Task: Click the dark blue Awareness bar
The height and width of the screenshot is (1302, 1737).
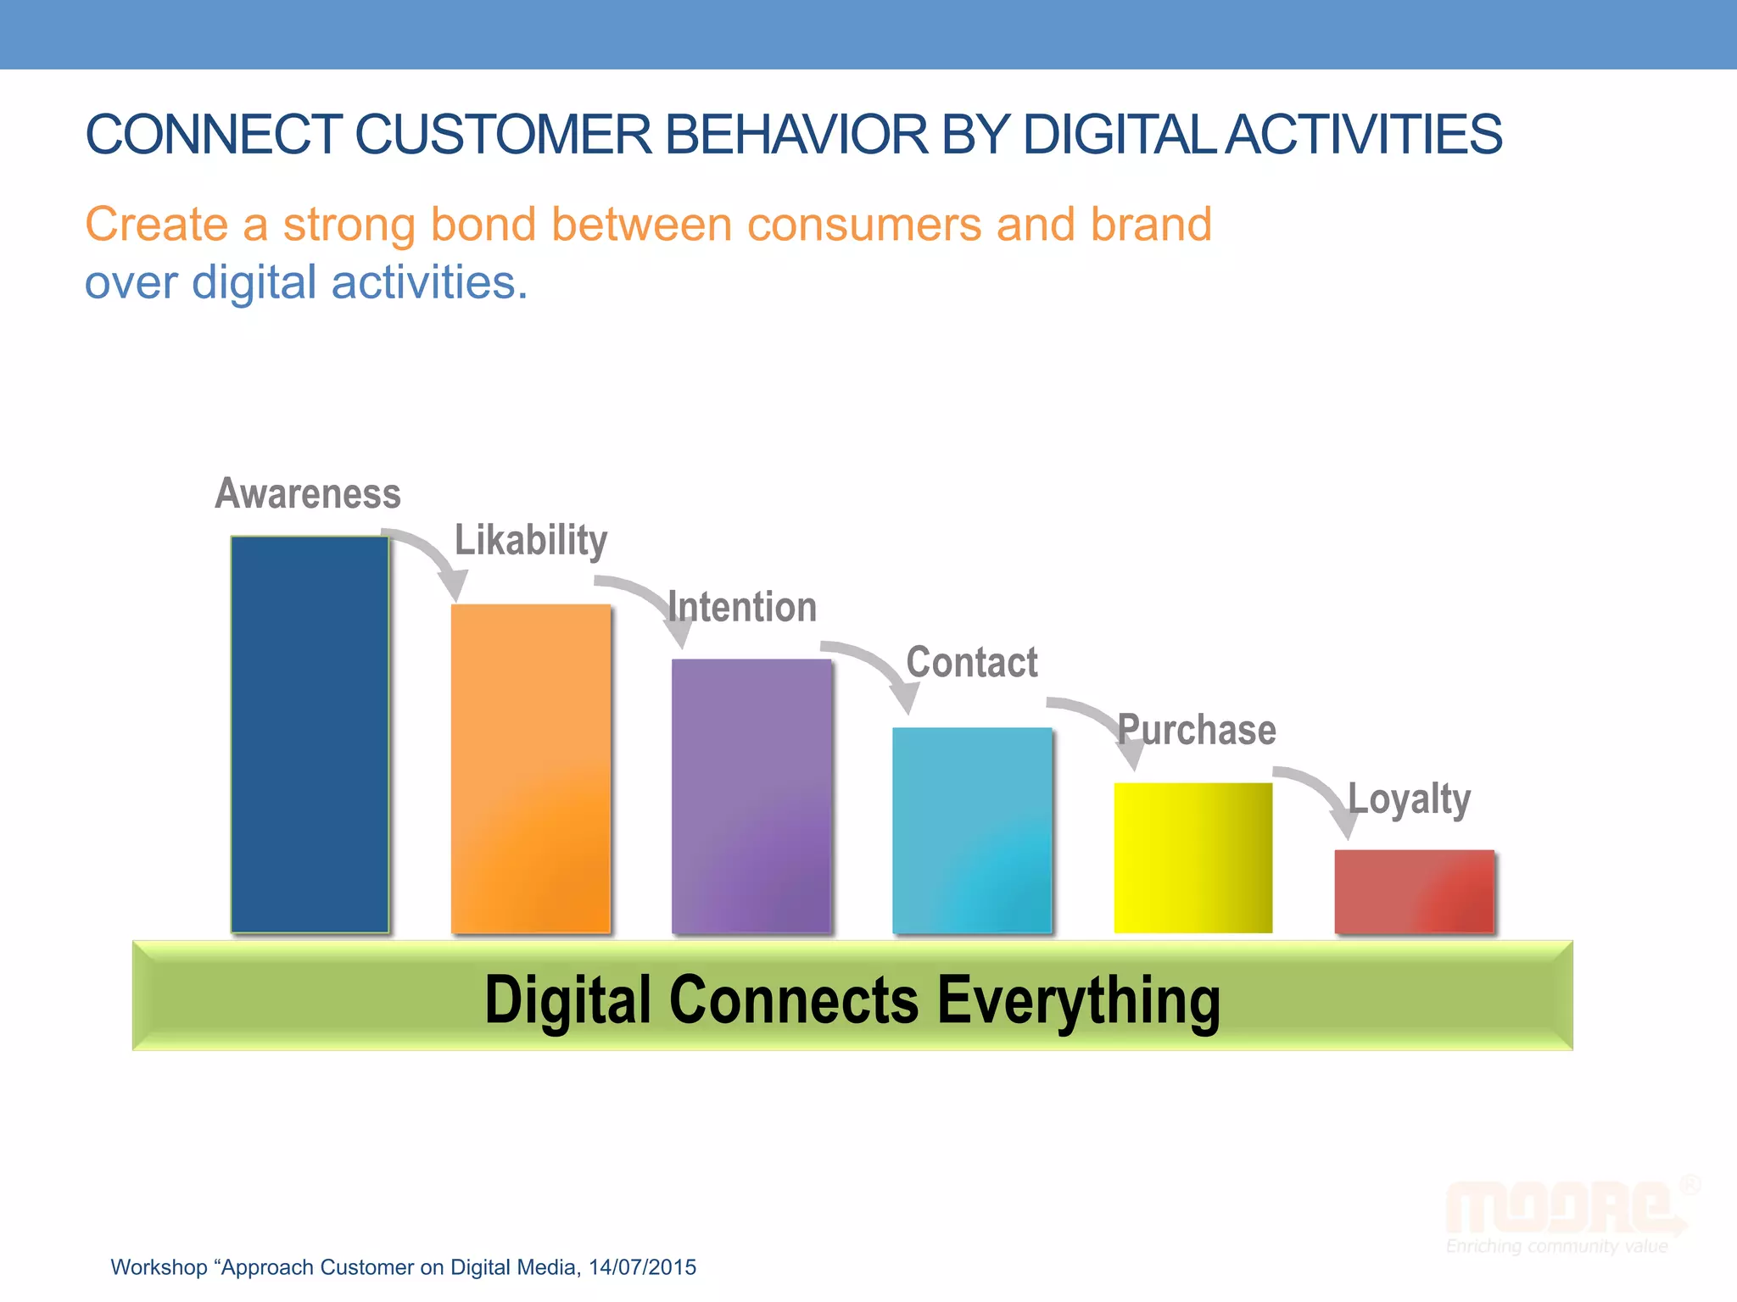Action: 310,734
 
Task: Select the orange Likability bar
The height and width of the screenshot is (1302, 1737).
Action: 531,768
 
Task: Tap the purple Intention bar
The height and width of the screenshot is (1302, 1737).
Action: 751,796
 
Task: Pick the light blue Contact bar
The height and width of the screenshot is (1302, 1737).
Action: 972,830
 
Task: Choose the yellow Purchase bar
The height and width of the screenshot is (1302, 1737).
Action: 1192,857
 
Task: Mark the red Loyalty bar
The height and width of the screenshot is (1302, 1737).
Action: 1414,891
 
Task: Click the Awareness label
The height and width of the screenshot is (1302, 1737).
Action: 308,493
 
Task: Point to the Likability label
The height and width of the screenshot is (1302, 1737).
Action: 531,540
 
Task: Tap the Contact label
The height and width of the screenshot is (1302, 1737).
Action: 972,662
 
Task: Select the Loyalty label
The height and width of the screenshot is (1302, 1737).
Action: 1410,798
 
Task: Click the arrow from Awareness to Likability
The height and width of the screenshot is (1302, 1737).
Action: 433,556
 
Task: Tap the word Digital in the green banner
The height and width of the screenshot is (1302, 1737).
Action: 567,1001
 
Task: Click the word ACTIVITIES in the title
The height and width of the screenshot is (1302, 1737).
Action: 1365,135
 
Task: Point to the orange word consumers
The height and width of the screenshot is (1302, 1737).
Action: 864,225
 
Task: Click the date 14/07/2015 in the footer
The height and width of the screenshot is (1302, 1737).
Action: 642,1267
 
